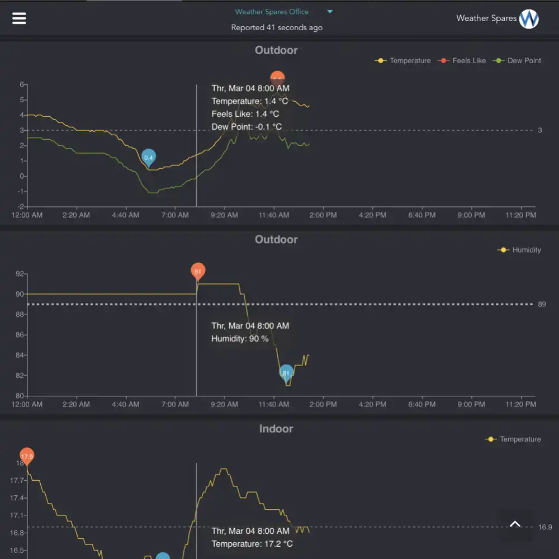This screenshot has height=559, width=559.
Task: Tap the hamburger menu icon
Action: (x=19, y=18)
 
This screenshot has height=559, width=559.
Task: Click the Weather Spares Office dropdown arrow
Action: (x=330, y=12)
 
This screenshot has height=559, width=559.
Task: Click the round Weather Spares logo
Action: (x=529, y=18)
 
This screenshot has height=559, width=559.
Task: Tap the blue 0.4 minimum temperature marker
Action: (x=148, y=158)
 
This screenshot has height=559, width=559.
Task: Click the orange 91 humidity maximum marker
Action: (x=197, y=272)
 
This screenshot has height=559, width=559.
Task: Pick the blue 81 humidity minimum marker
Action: (x=286, y=372)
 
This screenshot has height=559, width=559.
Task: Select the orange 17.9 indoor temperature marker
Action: (x=27, y=456)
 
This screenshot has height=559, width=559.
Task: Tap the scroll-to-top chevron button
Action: (x=515, y=524)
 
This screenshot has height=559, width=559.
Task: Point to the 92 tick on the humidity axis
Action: (x=20, y=274)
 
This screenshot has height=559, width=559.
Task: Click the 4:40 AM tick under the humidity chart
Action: (x=126, y=404)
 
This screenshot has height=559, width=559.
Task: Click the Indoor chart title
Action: (x=276, y=429)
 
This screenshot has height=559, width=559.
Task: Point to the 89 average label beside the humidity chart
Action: (x=542, y=304)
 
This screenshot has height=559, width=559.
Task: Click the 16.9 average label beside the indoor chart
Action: (x=545, y=527)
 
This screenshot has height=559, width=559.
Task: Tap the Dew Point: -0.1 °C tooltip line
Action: (x=247, y=127)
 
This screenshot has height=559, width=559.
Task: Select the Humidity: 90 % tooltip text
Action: (x=240, y=339)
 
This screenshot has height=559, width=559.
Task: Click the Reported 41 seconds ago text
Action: (x=277, y=27)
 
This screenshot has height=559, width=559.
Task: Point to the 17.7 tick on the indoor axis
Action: (x=18, y=480)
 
